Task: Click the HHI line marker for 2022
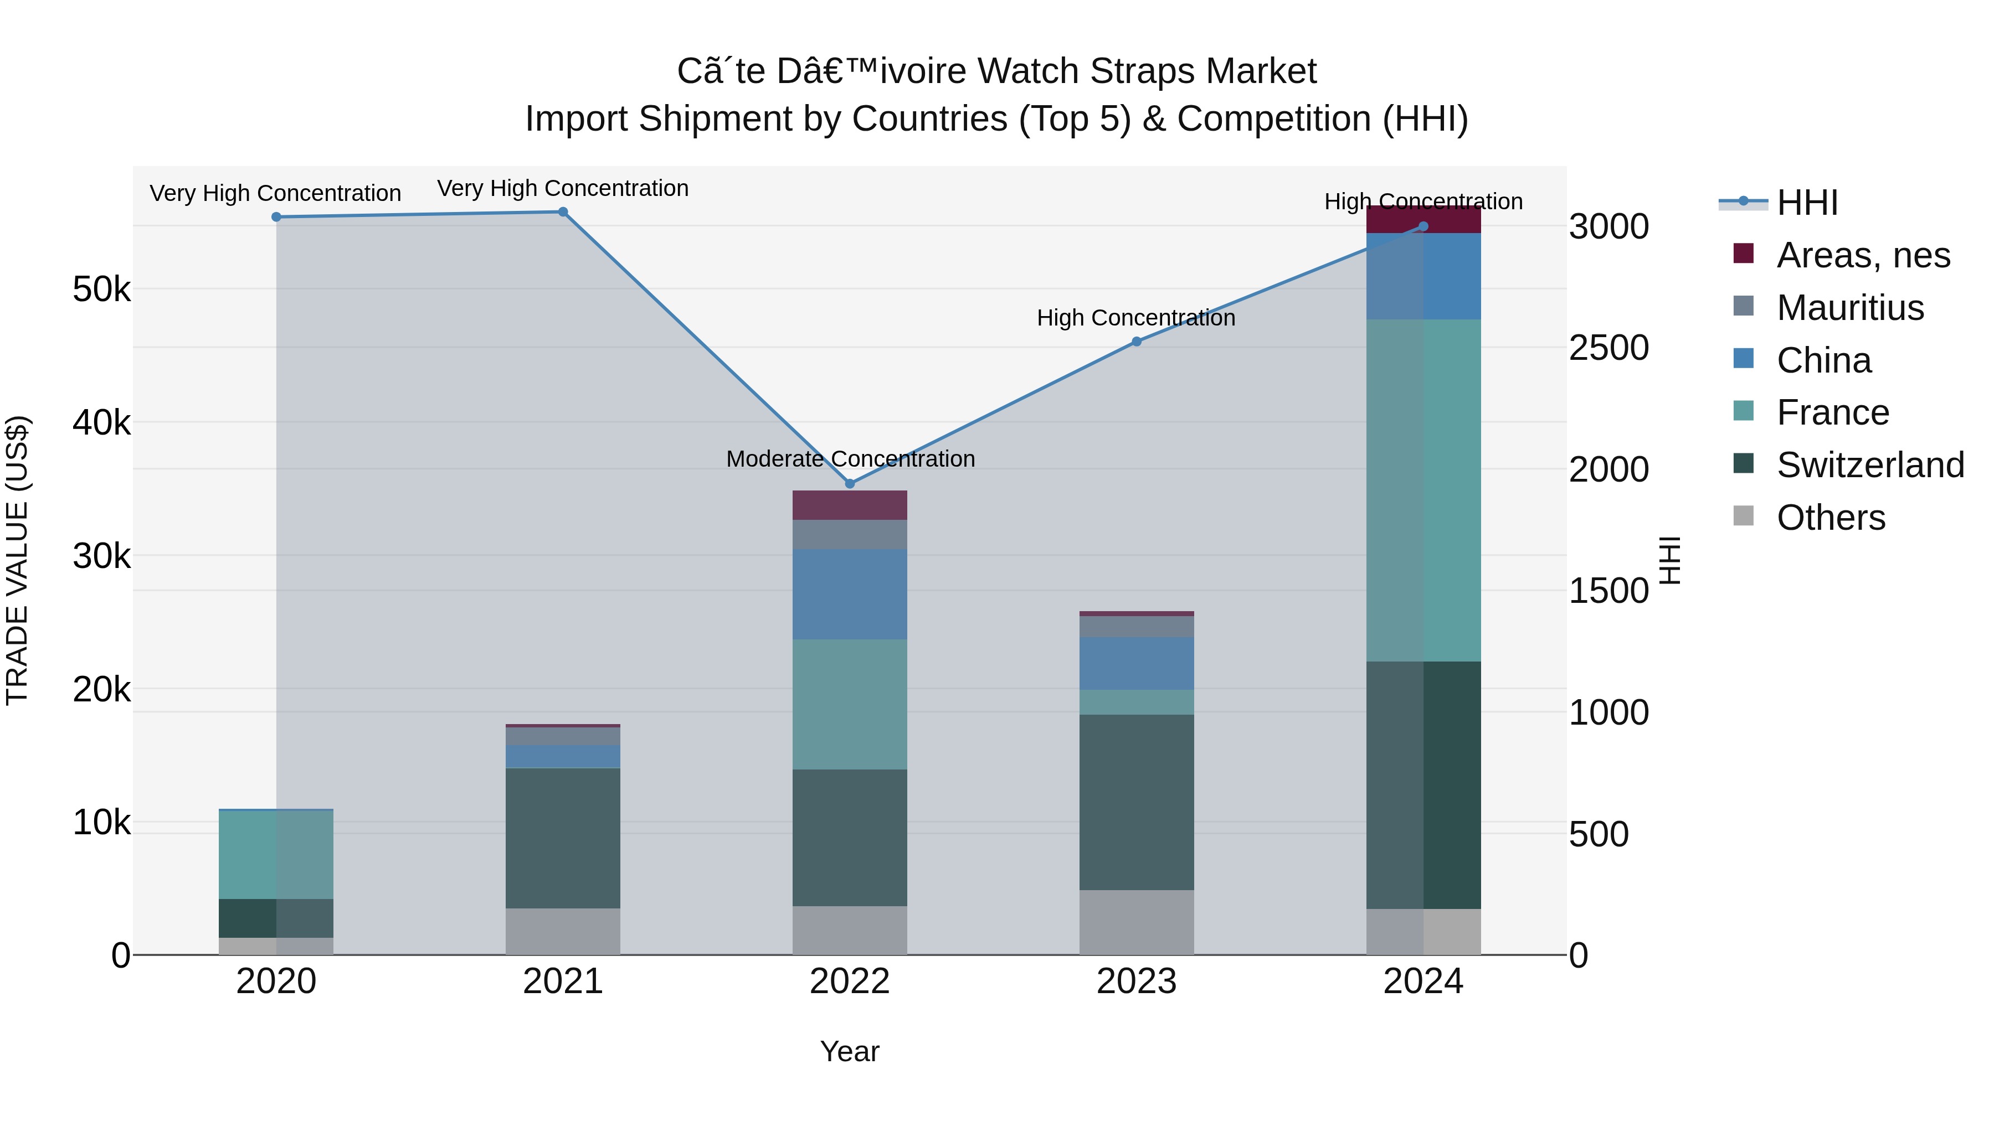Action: [x=849, y=483]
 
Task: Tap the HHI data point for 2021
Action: [x=563, y=212]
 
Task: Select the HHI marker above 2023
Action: [x=1137, y=341]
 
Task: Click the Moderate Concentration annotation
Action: [x=850, y=459]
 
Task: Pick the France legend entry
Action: [x=1832, y=412]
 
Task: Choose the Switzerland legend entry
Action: [x=1869, y=465]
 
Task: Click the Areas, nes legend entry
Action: [x=1862, y=255]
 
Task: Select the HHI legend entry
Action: [x=1807, y=203]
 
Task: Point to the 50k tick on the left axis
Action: [x=101, y=290]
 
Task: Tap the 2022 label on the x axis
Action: [x=849, y=981]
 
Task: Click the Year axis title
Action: [x=849, y=1051]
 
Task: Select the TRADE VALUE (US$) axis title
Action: [x=17, y=560]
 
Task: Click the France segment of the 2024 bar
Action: [x=1423, y=490]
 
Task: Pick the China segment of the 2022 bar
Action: [x=849, y=593]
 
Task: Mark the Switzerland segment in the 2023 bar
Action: [x=1137, y=802]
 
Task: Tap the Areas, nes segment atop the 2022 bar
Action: [x=849, y=505]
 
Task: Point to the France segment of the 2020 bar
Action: [x=276, y=854]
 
